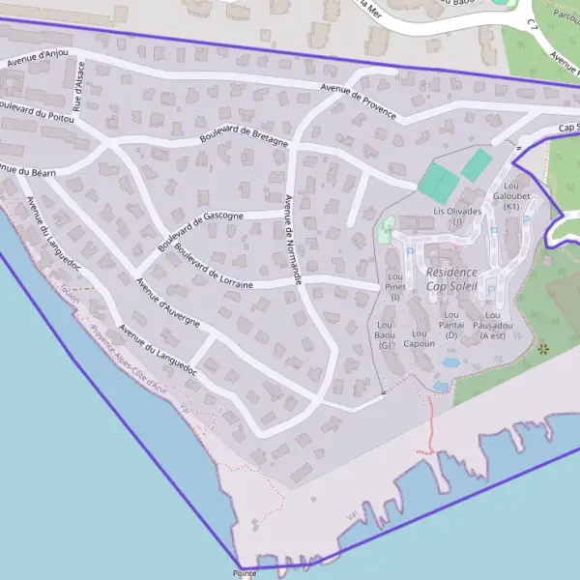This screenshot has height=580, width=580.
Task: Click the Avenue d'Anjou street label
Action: click(38, 57)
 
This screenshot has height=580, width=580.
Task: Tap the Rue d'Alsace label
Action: click(79, 86)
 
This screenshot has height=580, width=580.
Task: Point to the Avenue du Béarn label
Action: click(28, 170)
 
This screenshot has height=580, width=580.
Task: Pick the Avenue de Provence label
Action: click(360, 101)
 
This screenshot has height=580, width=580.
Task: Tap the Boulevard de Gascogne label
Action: click(196, 232)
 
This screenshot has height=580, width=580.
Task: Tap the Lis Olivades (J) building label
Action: click(457, 216)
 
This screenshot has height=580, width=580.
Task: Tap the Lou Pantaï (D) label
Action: click(451, 324)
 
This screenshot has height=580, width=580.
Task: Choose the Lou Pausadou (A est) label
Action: click(492, 325)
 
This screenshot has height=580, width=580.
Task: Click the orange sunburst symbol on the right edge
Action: click(543, 347)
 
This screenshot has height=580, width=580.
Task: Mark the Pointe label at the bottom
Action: click(245, 573)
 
